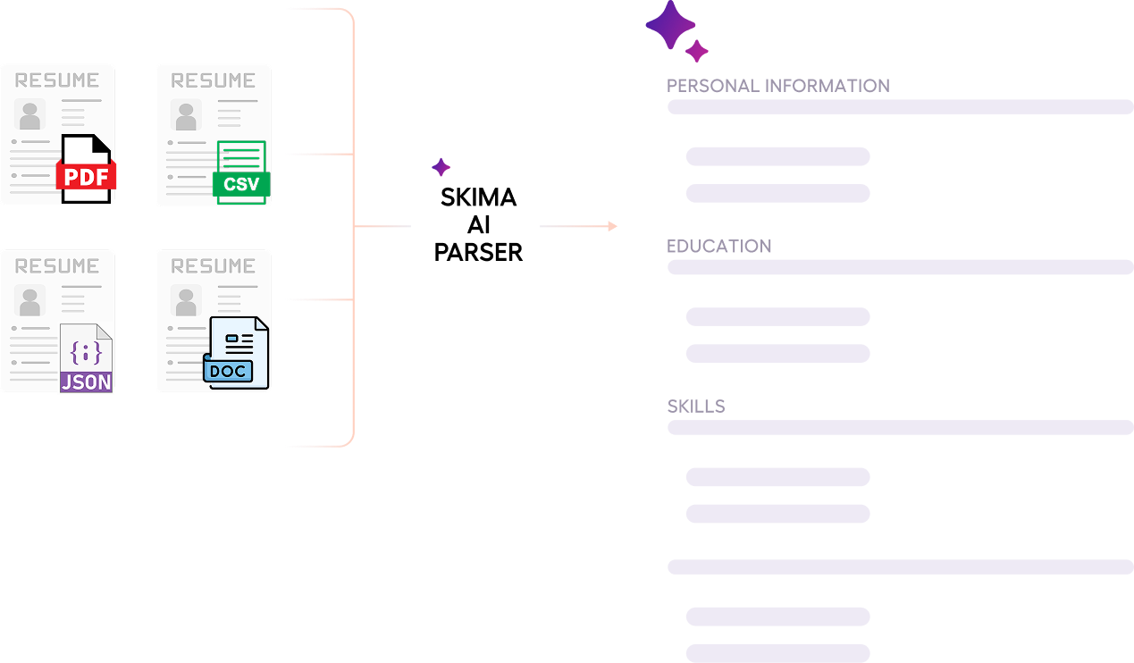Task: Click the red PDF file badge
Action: [86, 175]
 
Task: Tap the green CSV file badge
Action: [241, 185]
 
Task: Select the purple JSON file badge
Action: [86, 382]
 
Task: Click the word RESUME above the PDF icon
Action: [57, 80]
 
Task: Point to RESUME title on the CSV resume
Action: [213, 80]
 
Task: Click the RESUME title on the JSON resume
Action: [57, 266]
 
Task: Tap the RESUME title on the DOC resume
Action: [213, 266]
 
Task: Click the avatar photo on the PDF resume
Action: [30, 115]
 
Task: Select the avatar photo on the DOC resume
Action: [186, 301]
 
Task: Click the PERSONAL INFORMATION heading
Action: [777, 86]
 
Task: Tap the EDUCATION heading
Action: [719, 247]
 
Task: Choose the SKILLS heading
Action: [696, 407]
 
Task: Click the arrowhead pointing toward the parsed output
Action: [612, 226]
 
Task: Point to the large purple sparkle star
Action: [670, 25]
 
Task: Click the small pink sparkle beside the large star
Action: [697, 51]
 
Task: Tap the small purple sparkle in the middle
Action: [441, 167]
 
